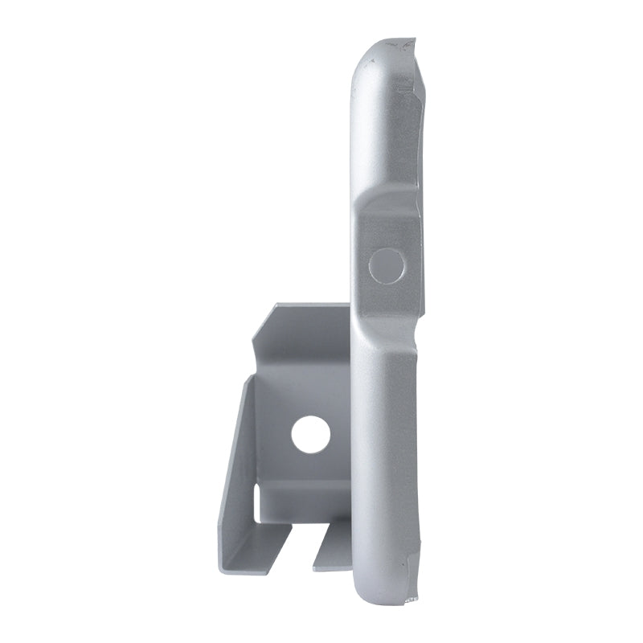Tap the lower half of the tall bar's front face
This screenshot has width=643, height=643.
(384, 450)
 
